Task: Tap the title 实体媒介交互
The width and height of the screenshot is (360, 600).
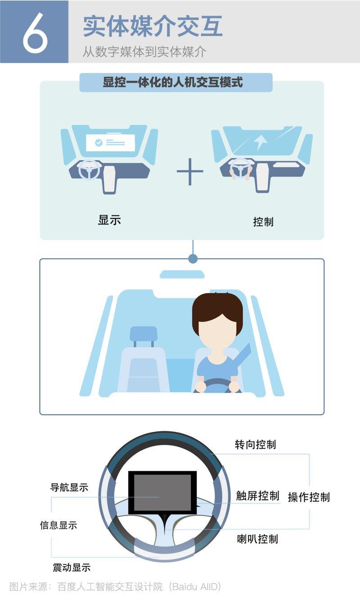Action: pyautogui.click(x=153, y=26)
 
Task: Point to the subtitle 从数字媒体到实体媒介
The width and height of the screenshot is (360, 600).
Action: pyautogui.click(x=144, y=51)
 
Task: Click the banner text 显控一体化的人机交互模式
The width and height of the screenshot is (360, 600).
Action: pyautogui.click(x=173, y=82)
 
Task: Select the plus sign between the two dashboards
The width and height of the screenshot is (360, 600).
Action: pyautogui.click(x=190, y=171)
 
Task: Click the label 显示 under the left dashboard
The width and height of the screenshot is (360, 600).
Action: pyautogui.click(x=109, y=220)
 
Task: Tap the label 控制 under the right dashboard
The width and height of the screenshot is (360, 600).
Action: pyautogui.click(x=263, y=222)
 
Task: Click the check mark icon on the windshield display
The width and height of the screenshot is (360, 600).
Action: pyautogui.click(x=99, y=143)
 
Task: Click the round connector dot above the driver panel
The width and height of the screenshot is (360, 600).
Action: pyautogui.click(x=193, y=259)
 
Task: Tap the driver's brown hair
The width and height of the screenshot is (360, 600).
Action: pyautogui.click(x=217, y=308)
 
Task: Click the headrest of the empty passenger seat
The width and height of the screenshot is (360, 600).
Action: pyautogui.click(x=143, y=334)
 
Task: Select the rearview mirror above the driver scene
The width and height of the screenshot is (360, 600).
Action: pyautogui.click(x=182, y=274)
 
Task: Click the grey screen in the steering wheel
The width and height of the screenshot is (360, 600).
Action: pyautogui.click(x=162, y=492)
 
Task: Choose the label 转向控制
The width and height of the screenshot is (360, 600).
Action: pyautogui.click(x=256, y=444)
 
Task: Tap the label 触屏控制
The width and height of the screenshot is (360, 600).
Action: pyautogui.click(x=258, y=496)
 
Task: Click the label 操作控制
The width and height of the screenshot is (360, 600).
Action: pyautogui.click(x=309, y=497)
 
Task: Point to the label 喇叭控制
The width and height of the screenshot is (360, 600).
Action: pyautogui.click(x=257, y=539)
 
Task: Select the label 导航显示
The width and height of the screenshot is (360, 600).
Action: pyautogui.click(x=69, y=487)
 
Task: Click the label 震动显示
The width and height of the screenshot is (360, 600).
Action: pyautogui.click(x=72, y=567)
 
